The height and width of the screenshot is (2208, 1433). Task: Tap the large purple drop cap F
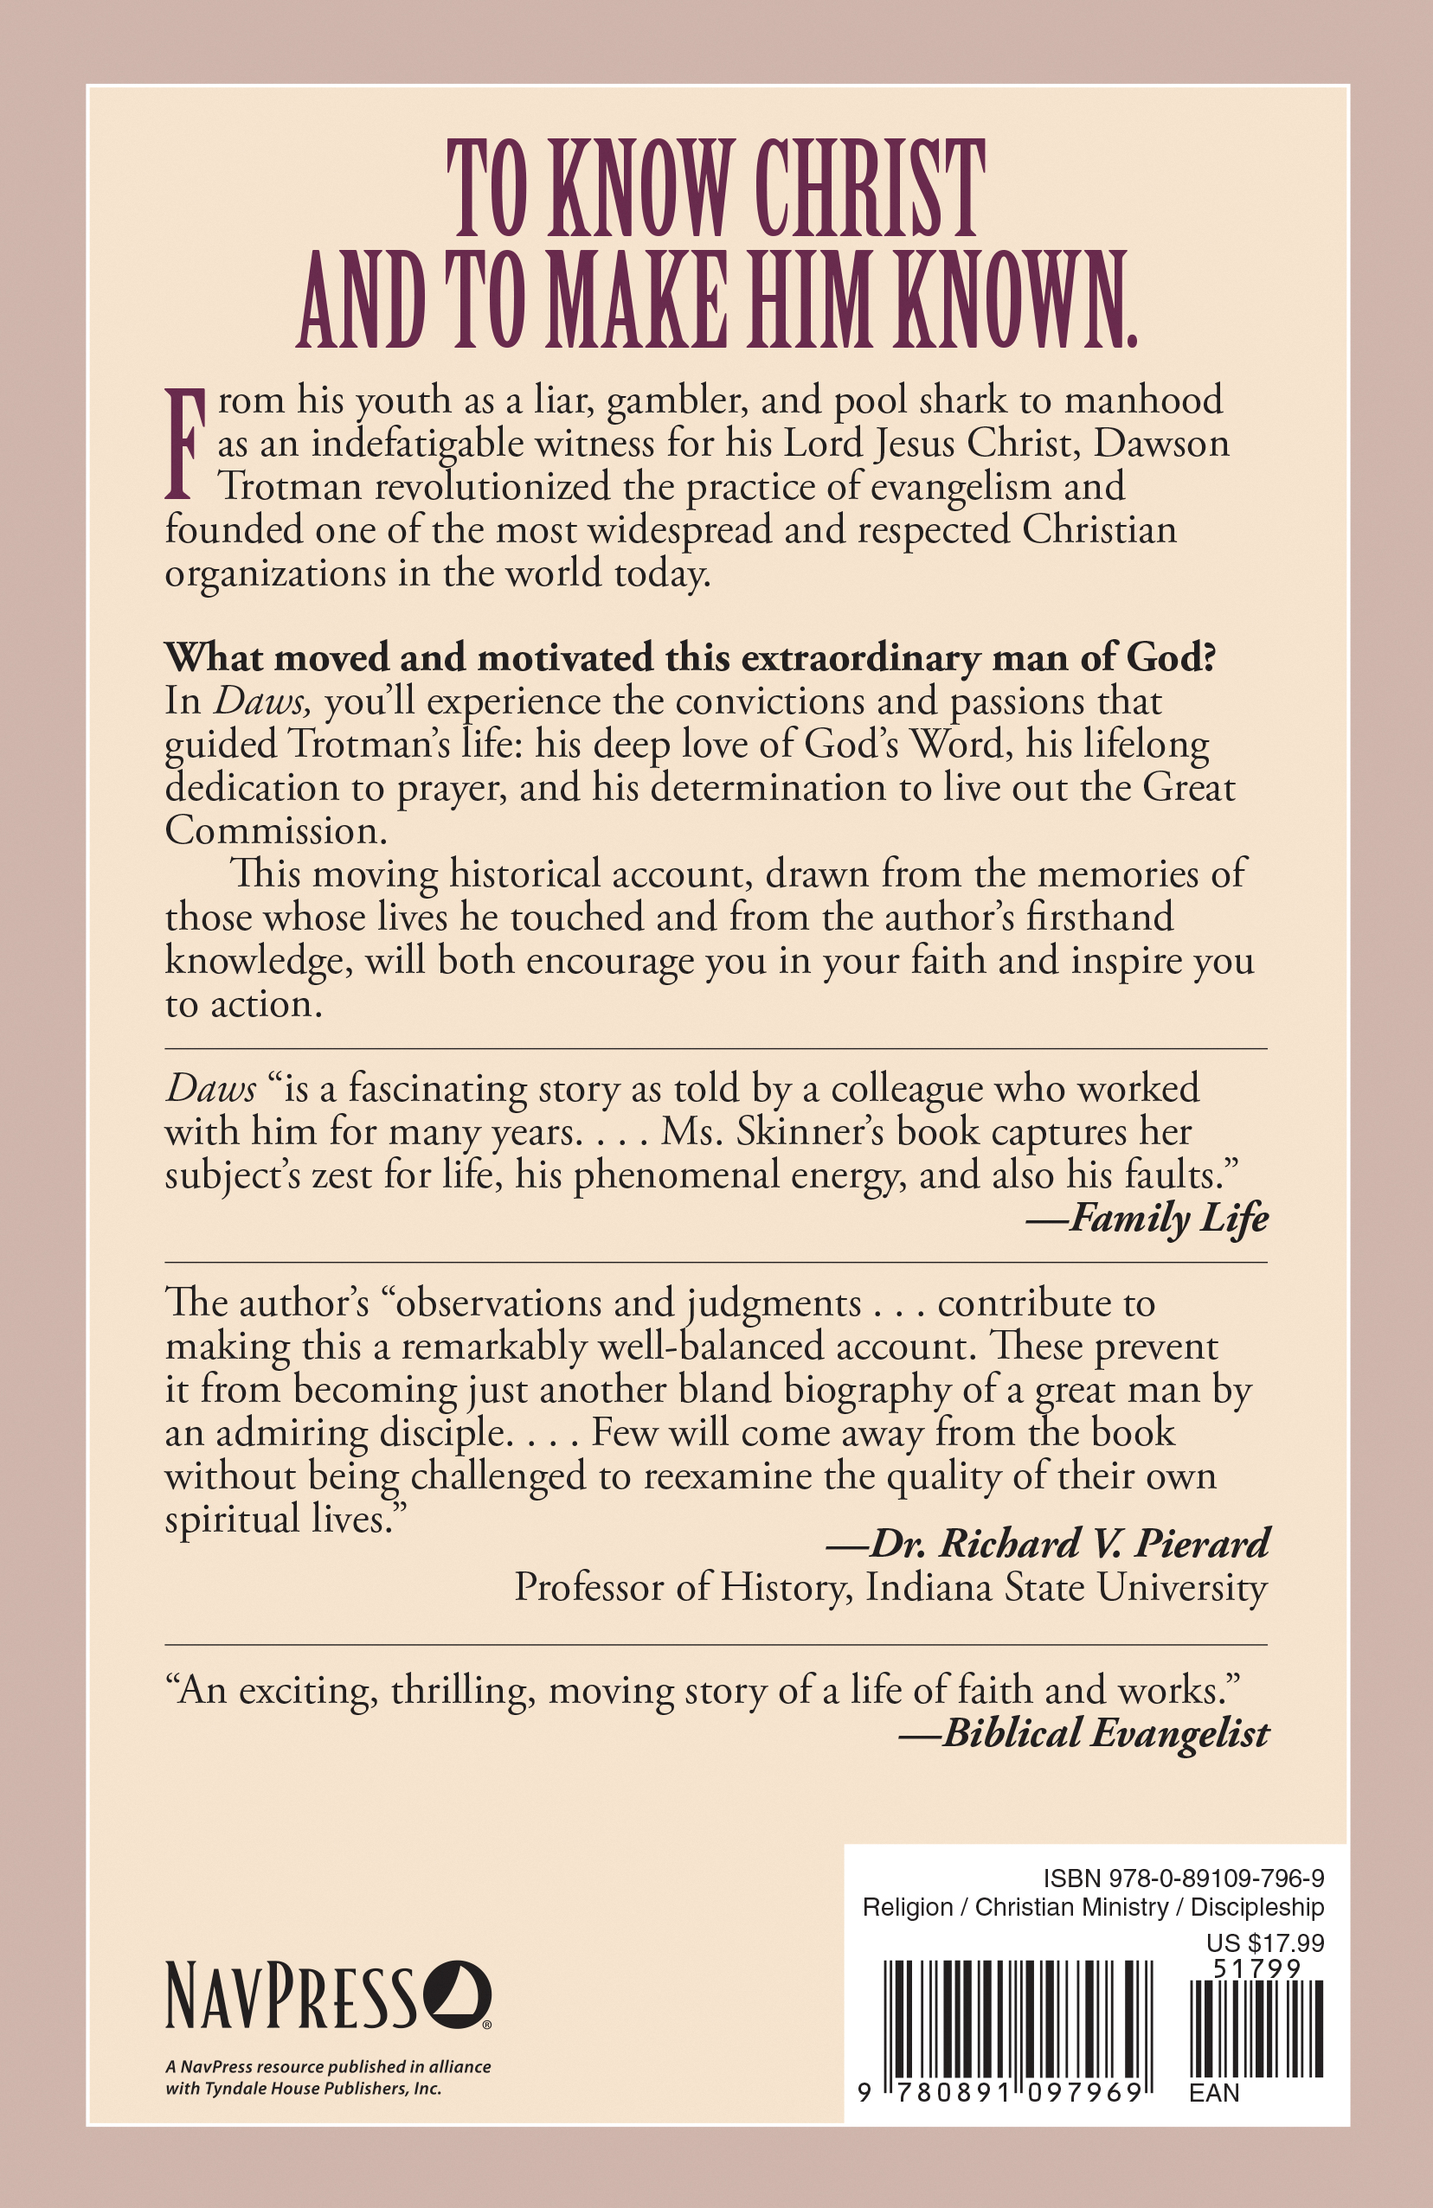pyautogui.click(x=183, y=444)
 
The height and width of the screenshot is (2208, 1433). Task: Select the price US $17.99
pyautogui.click(x=1265, y=1942)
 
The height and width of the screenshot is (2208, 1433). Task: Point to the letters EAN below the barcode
pyautogui.click(x=1214, y=2093)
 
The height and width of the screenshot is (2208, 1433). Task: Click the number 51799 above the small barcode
pyautogui.click(x=1257, y=1967)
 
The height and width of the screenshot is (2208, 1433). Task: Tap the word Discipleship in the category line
pyautogui.click(x=1256, y=1907)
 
